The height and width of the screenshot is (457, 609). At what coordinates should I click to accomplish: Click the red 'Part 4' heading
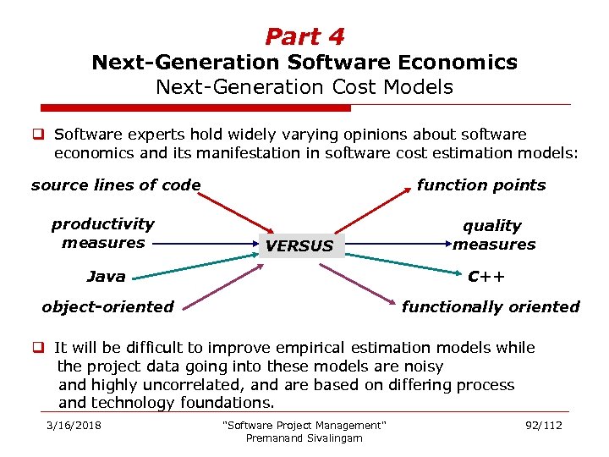(304, 37)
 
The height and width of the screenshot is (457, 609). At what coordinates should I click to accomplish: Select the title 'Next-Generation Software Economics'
(304, 63)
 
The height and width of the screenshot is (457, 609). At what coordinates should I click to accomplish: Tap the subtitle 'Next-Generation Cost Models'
(304, 86)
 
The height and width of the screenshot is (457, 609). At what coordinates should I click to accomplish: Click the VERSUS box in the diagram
(299, 245)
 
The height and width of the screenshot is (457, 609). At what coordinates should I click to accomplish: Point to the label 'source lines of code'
(116, 185)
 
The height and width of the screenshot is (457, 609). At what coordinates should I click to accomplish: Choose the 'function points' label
(481, 185)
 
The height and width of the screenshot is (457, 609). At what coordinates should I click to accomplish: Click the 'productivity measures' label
(103, 234)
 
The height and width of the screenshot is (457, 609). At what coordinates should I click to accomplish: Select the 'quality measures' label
(493, 235)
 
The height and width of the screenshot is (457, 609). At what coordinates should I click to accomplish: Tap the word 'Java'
(107, 276)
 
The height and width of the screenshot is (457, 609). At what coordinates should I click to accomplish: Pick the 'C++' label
(486, 276)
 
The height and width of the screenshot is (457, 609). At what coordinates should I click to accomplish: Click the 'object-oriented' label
(108, 306)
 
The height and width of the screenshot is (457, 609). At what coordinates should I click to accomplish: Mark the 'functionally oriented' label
(491, 306)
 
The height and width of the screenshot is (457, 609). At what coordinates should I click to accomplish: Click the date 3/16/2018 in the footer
(74, 425)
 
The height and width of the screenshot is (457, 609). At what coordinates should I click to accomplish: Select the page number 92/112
(543, 425)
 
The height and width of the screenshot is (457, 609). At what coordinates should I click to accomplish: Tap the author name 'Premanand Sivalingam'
(304, 438)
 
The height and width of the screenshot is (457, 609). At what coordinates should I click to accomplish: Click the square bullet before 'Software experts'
(39, 134)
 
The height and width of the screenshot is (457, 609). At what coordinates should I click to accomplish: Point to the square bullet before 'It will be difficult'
(39, 347)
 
